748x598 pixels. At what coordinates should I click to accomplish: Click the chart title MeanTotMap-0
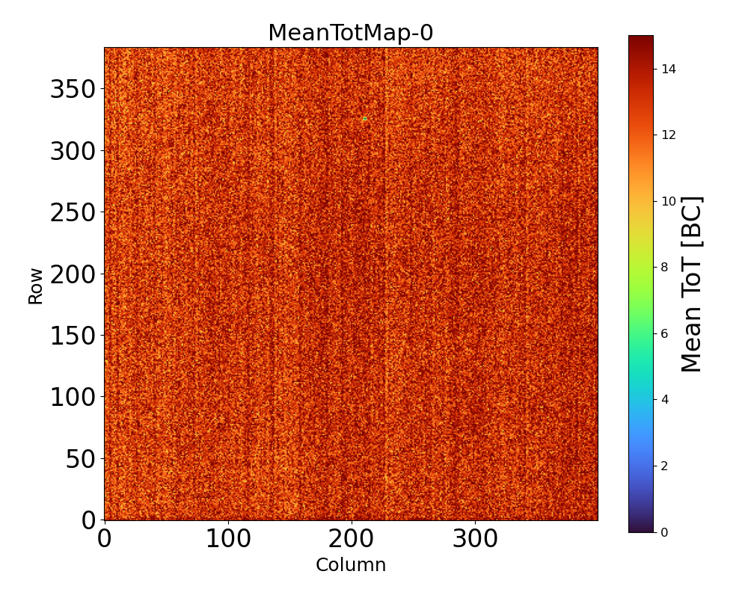pyautogui.click(x=350, y=33)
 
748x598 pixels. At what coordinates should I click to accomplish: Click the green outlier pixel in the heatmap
pyautogui.click(x=365, y=119)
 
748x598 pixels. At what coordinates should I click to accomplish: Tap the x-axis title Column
pyautogui.click(x=350, y=565)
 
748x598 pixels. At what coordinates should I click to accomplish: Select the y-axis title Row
pyautogui.click(x=36, y=285)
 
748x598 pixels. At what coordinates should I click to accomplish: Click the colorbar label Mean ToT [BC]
pyautogui.click(x=692, y=284)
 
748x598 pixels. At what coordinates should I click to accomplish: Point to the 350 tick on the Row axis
pyautogui.click(x=73, y=90)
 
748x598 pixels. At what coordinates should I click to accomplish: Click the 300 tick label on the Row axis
pyautogui.click(x=73, y=151)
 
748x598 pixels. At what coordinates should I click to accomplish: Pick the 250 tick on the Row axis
pyautogui.click(x=73, y=212)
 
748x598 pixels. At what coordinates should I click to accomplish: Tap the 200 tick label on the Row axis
pyautogui.click(x=73, y=274)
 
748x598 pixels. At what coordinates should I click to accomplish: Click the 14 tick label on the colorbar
pyautogui.click(x=668, y=69)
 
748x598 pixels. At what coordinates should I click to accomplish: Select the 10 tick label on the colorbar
pyautogui.click(x=668, y=201)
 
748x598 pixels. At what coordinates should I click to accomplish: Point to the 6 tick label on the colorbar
pyautogui.click(x=664, y=333)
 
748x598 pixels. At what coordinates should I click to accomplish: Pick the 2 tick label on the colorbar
pyautogui.click(x=664, y=466)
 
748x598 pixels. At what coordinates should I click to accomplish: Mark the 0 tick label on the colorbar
pyautogui.click(x=664, y=532)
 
